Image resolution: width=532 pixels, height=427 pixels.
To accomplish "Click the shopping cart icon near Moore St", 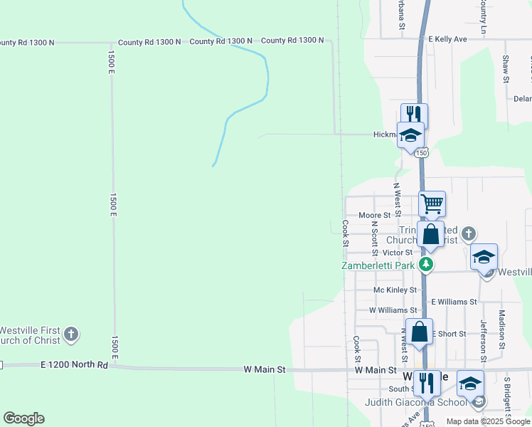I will coord(432,204).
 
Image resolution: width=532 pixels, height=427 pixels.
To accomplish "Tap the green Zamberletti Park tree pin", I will coord(426,265).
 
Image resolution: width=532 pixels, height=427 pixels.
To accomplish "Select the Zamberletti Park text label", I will coord(378,265).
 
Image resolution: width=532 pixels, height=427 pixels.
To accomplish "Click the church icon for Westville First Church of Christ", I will coord(70,334).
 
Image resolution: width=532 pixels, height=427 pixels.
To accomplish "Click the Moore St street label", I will coord(375,215).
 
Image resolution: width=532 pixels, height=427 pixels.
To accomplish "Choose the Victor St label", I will coord(398,253).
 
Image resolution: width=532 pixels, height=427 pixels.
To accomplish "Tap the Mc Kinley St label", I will coord(395,290).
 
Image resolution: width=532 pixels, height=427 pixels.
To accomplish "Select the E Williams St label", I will coord(454,302).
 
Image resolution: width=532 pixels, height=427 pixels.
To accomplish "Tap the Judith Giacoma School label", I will coord(417,402).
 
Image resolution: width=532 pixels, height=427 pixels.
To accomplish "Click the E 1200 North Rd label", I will coord(74,365).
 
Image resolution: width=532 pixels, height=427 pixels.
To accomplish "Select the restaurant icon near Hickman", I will coord(414,114).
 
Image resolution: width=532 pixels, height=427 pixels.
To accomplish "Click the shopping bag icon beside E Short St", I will coord(420,331).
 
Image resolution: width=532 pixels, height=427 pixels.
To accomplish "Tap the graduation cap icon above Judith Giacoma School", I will coord(470,383).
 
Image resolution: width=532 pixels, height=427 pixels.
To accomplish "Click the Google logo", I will coord(23,418).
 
